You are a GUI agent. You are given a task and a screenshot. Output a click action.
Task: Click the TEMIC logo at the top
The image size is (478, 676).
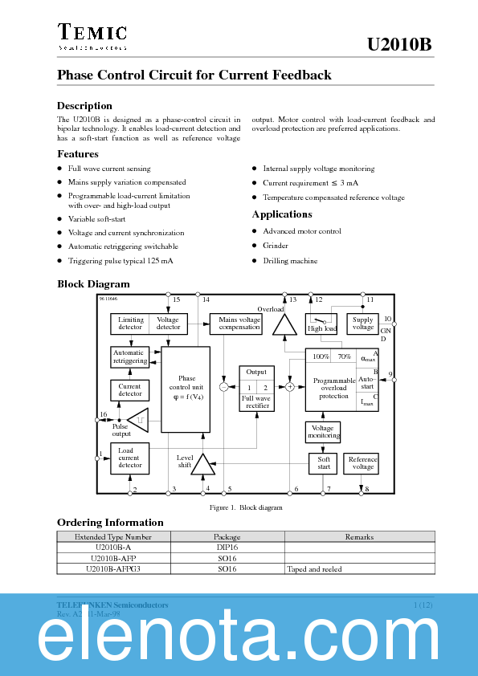(x=92, y=33)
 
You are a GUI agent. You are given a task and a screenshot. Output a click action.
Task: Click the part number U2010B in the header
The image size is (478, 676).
(x=399, y=45)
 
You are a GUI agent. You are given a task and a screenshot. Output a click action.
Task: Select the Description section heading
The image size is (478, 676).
(x=84, y=106)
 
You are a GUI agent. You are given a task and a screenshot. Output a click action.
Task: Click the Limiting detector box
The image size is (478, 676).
(x=130, y=324)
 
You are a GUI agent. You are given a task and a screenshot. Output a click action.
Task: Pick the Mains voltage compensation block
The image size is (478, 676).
(x=239, y=324)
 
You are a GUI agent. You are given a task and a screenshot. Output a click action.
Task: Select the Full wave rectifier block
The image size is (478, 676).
(x=256, y=389)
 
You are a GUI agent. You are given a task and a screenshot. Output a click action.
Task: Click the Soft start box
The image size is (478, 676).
(x=323, y=463)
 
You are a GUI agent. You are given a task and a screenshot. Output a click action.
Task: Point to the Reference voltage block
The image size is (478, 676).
(x=362, y=463)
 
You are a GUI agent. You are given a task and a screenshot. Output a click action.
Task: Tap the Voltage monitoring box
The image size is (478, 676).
(x=323, y=432)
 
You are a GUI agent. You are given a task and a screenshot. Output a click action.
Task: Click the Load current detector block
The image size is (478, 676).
(x=129, y=458)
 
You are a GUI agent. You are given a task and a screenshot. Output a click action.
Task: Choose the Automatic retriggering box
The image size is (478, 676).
(x=129, y=356)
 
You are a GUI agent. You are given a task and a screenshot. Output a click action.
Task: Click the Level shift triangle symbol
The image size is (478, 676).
(x=202, y=464)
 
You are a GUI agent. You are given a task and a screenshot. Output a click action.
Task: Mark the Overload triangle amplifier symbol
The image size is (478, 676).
(x=284, y=324)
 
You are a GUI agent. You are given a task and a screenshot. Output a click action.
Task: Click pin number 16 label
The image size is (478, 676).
(x=103, y=414)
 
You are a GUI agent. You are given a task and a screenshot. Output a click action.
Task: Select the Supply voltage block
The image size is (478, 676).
(x=363, y=324)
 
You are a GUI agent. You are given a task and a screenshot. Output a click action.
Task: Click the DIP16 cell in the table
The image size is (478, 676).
(x=227, y=547)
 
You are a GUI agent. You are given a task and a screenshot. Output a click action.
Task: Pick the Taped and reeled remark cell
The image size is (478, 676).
(x=314, y=569)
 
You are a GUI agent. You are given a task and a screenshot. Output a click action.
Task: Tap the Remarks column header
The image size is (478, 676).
(x=359, y=536)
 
